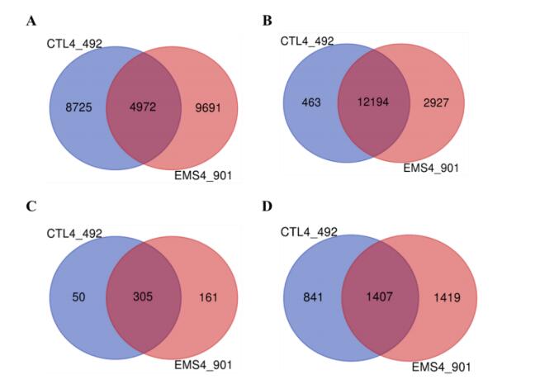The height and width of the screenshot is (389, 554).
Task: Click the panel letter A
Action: tap(31, 21)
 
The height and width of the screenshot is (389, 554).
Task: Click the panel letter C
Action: tap(31, 206)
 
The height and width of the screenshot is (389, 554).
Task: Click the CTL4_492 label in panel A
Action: tap(74, 43)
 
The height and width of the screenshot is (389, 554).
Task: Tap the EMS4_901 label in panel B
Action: tap(430, 168)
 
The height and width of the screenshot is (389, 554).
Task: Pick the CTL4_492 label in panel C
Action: tap(74, 234)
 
